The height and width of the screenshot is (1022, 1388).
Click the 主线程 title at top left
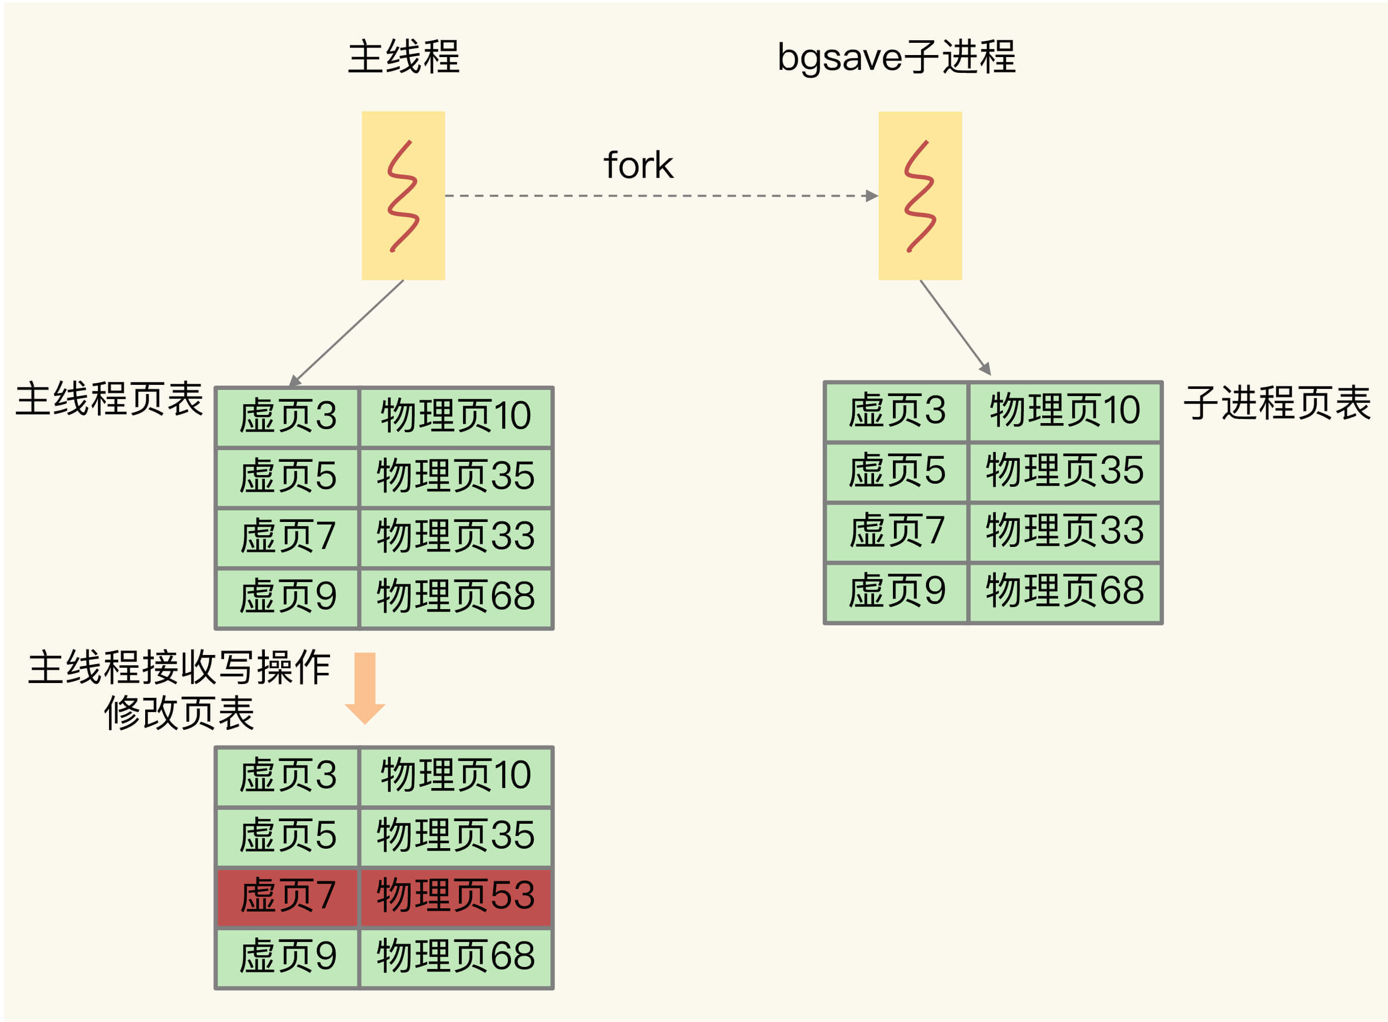click(x=403, y=57)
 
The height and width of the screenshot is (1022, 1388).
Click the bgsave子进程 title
click(x=896, y=57)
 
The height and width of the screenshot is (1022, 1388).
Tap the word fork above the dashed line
click(x=638, y=165)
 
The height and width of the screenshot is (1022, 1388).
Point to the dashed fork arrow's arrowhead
click(x=871, y=196)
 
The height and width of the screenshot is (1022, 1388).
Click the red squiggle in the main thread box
click(x=403, y=196)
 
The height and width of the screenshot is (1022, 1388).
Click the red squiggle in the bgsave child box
click(x=919, y=196)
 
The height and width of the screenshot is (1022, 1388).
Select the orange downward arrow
click(x=365, y=687)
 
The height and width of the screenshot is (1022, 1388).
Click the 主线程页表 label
click(x=109, y=399)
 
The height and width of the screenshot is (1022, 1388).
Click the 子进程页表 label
click(x=1277, y=403)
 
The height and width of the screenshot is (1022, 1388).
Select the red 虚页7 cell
click(x=287, y=895)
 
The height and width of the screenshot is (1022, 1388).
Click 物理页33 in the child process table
click(x=1064, y=531)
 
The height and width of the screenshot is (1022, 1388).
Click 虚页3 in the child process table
click(x=896, y=410)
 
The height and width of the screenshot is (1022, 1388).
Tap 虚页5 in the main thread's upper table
click(x=287, y=477)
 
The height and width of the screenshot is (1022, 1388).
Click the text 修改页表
click(x=179, y=713)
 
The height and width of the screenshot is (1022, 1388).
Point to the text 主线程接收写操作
click(x=179, y=668)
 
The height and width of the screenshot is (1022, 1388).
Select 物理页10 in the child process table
click(x=1064, y=410)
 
